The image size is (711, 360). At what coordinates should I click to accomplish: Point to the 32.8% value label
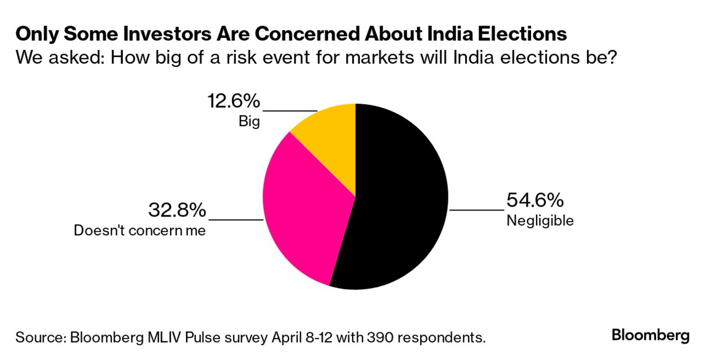coord(177,210)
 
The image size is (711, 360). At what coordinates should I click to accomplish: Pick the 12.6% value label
coord(233,101)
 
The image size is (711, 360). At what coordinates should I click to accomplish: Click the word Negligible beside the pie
coord(540,220)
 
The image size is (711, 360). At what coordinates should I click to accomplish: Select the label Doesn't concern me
coord(140,230)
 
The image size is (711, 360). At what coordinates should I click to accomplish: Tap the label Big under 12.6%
coord(249,121)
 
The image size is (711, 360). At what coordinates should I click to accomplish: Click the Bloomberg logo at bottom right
coord(651,335)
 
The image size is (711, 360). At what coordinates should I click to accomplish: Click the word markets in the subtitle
coord(409,58)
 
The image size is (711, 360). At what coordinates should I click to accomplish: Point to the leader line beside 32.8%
coord(235,220)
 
